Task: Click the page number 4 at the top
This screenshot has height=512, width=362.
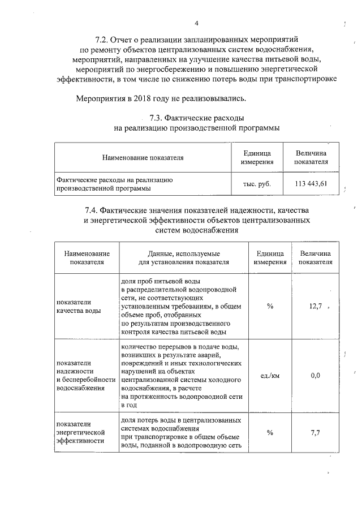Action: tap(196, 23)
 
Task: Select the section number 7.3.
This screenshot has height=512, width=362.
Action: tap(156, 118)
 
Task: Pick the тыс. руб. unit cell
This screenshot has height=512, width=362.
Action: tap(257, 184)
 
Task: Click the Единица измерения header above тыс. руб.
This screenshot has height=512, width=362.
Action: tap(257, 158)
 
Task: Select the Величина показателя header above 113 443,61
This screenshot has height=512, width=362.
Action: tap(312, 158)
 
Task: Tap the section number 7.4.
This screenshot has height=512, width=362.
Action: tap(94, 210)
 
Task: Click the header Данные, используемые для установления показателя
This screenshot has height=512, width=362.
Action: tap(184, 258)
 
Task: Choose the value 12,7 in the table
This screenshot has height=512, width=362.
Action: tap(315, 306)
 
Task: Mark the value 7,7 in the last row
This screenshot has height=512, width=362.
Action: tap(315, 433)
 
